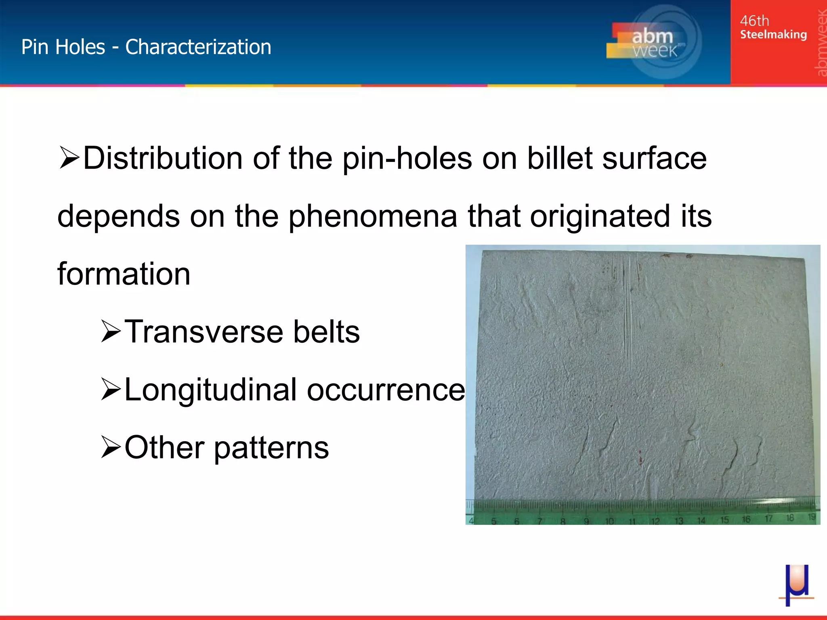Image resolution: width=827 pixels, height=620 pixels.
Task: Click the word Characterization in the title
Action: (198, 47)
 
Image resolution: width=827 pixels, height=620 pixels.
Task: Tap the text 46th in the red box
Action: (754, 21)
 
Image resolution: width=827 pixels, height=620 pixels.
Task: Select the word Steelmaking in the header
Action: (773, 35)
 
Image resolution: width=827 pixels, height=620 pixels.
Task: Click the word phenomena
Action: (373, 216)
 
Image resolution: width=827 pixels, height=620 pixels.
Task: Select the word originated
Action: (599, 216)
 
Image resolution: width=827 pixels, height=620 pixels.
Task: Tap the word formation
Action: (124, 274)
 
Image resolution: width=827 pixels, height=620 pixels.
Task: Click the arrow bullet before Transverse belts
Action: (111, 332)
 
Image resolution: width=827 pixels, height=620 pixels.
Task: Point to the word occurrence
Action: (386, 390)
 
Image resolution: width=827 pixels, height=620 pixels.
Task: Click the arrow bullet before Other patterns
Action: (111, 448)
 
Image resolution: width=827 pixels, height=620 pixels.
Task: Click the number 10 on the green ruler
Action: (609, 521)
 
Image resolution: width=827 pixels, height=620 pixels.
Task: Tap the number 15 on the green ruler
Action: (724, 519)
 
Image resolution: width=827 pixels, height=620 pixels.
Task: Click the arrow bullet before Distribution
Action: (69, 158)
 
